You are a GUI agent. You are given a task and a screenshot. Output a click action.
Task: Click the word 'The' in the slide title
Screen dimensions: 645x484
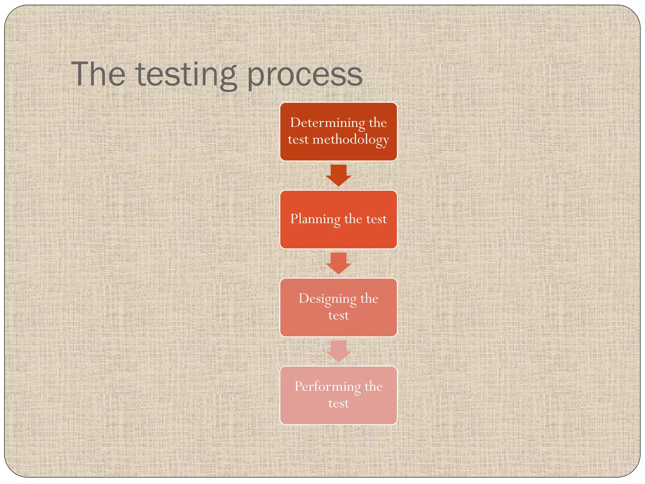click(98, 74)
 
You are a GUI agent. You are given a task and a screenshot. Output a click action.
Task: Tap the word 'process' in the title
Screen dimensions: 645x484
click(305, 76)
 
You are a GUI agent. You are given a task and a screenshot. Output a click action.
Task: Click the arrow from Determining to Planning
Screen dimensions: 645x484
click(339, 175)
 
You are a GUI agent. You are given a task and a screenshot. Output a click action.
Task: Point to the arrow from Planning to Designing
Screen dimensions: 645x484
click(339, 263)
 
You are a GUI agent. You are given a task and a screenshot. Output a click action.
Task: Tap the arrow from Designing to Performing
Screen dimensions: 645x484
click(339, 351)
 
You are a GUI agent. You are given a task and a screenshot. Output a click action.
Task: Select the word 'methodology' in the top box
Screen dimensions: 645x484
click(351, 140)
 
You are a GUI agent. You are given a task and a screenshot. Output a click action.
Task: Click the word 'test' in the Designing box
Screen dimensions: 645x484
click(339, 315)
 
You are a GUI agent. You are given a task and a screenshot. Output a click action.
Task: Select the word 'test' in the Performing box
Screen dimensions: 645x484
click(339, 403)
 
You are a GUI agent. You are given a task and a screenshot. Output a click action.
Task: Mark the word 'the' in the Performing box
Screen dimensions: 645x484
click(374, 386)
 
